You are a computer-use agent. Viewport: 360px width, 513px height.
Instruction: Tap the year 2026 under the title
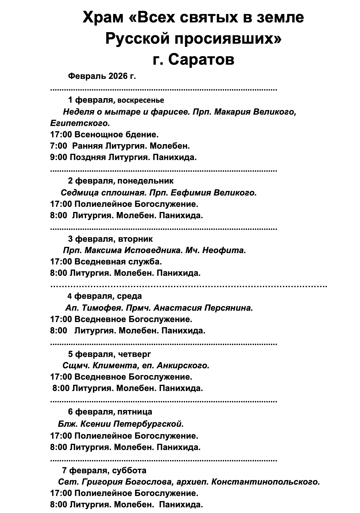click(x=118, y=76)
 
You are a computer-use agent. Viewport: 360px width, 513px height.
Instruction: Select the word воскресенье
click(x=140, y=100)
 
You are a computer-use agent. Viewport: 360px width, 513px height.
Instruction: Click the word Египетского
click(x=80, y=123)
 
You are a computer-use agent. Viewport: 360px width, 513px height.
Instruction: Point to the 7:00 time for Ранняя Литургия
click(x=58, y=146)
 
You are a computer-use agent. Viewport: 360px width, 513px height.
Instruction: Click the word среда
click(x=129, y=296)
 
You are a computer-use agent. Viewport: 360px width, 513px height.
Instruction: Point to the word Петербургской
click(x=147, y=424)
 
